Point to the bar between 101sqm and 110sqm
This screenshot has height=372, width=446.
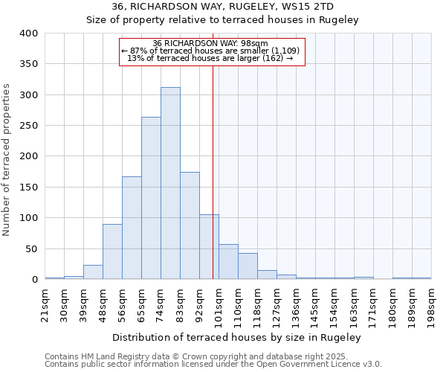coord(228,262)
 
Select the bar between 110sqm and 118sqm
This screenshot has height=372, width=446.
coord(248,266)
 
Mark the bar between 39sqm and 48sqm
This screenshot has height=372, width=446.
coord(93,272)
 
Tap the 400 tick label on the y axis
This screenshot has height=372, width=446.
coord(29,33)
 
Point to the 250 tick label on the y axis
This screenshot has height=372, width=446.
coord(29,126)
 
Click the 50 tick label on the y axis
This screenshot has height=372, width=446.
coord(32,248)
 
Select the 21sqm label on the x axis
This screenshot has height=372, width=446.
coord(45,305)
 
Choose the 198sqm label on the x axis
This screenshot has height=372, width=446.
coord(431,305)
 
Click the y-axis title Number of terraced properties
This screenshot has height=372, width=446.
coord(7,160)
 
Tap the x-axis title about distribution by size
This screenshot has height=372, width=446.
coord(237,337)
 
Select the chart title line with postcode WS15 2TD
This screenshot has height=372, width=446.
coord(223,7)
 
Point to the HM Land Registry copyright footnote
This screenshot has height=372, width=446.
coord(212,356)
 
